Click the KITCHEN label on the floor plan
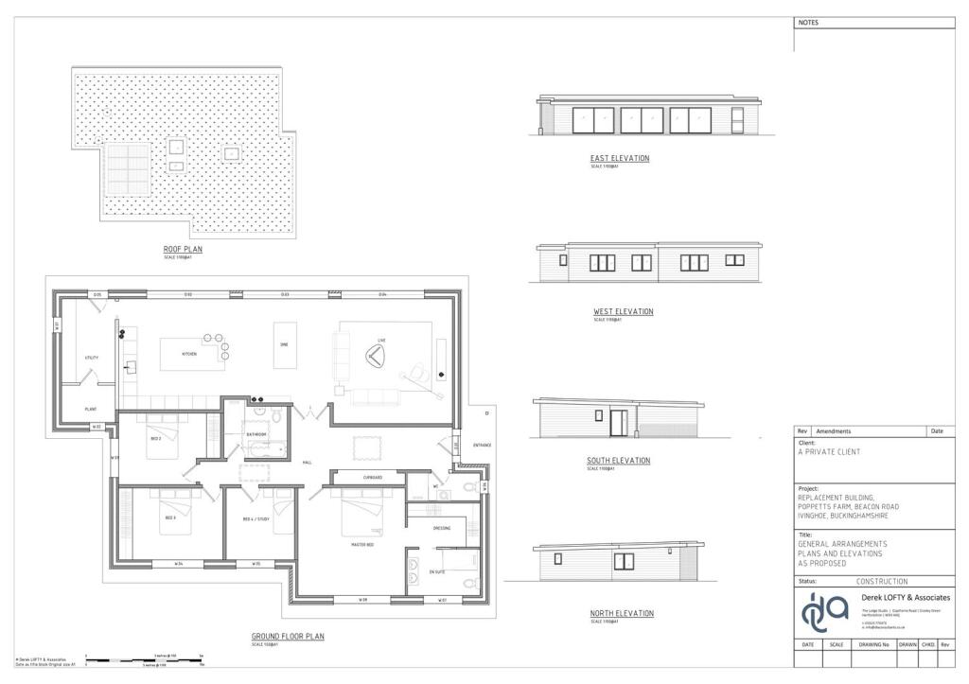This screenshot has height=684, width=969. pyautogui.click(x=189, y=354)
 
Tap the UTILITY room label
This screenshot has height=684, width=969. pyautogui.click(x=92, y=359)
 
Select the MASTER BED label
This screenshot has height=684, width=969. pyautogui.click(x=364, y=545)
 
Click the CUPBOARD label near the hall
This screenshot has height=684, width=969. pyautogui.click(x=372, y=478)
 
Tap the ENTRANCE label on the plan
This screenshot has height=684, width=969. pyautogui.click(x=483, y=445)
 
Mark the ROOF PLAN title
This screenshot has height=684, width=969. pyautogui.click(x=183, y=250)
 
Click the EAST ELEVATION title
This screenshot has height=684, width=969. pyautogui.click(x=620, y=158)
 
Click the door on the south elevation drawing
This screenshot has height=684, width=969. pyautogui.click(x=619, y=423)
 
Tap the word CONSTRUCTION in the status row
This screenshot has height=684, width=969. pyautogui.click(x=881, y=581)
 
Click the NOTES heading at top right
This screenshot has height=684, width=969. pyautogui.click(x=808, y=23)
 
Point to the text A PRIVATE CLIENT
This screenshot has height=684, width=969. pyautogui.click(x=830, y=452)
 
